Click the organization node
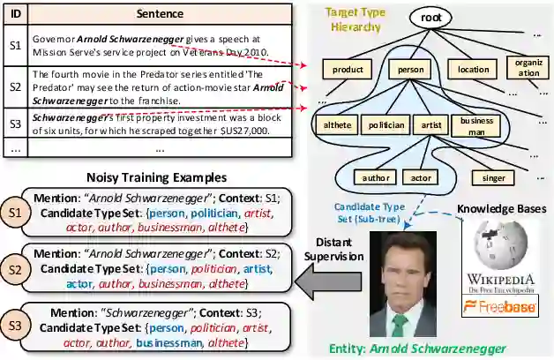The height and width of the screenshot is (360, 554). (x=528, y=67)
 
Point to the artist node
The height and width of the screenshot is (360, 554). (x=431, y=125)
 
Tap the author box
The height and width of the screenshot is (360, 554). (x=376, y=177)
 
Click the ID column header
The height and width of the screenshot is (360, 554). (x=13, y=15)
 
